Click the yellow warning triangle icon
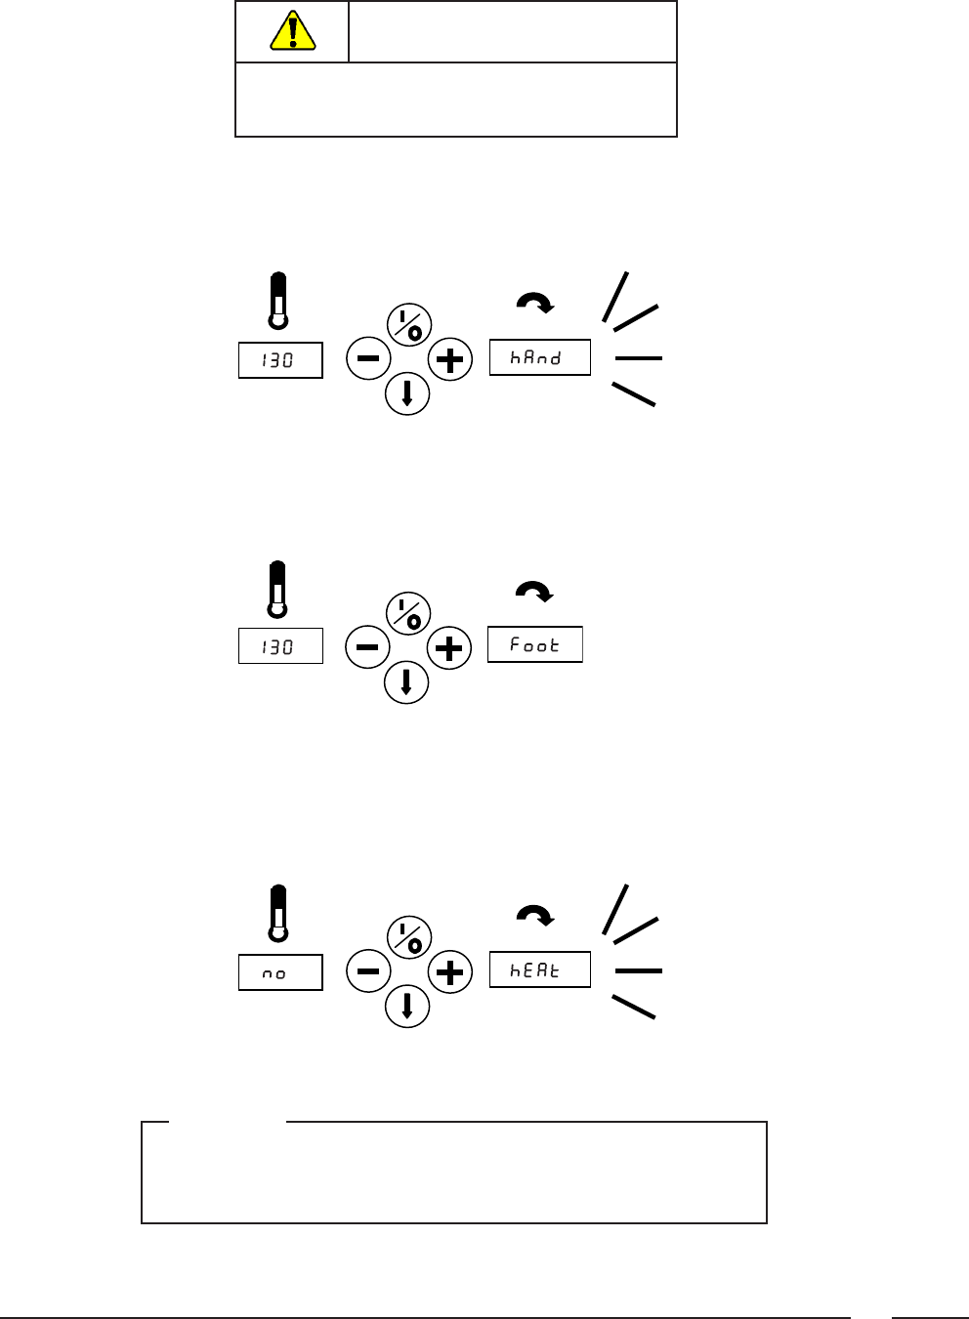coord(292,32)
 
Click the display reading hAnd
coord(539,358)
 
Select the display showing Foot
coord(535,644)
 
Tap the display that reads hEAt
coord(539,969)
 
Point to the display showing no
coord(280,972)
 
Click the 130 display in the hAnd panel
coord(280,360)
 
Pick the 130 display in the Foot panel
coord(280,646)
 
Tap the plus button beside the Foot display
coord(449,647)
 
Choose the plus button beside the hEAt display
coord(449,972)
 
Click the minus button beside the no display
coord(368,972)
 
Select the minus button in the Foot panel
coord(368,647)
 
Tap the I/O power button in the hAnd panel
coord(409,326)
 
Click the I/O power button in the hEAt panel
coord(409,938)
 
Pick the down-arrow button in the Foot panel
coord(407,681)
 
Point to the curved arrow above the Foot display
coord(534,591)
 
